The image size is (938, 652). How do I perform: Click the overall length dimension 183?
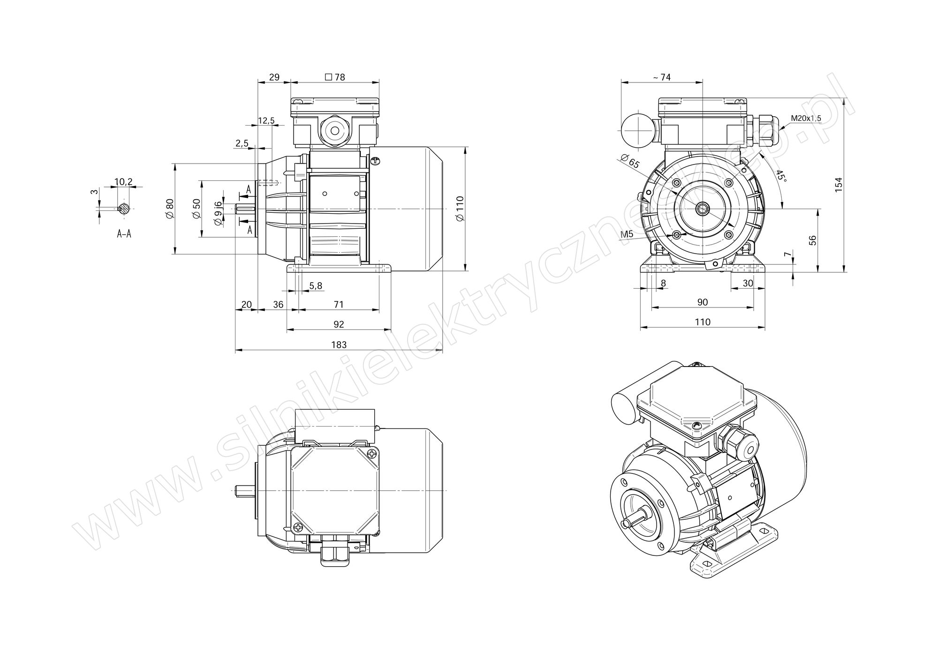[x=339, y=345]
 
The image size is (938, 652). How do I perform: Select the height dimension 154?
[x=839, y=184]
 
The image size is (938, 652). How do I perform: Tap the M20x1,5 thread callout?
[x=806, y=118]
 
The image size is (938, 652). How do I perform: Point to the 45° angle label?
[x=780, y=175]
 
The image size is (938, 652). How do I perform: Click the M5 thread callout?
[x=627, y=234]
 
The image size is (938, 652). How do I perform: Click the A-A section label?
[x=124, y=233]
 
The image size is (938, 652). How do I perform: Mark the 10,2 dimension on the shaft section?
[x=123, y=181]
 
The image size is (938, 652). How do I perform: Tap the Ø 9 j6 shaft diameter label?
[x=218, y=214]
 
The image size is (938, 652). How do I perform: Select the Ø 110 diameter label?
[x=460, y=209]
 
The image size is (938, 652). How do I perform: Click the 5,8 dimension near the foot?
[x=316, y=285]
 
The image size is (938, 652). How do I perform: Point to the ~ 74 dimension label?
[x=662, y=77]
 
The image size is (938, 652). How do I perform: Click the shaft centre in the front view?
[x=702, y=208]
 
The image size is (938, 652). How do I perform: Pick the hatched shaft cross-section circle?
[x=124, y=208]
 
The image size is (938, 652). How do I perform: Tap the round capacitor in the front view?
[x=638, y=129]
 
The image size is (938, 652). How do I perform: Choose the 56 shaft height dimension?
[x=812, y=240]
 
